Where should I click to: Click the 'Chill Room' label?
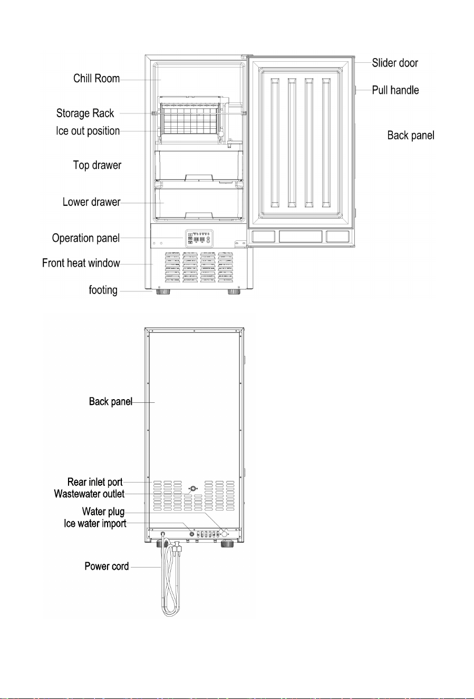click(x=96, y=78)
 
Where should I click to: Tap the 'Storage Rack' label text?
click(x=85, y=114)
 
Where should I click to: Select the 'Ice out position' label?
click(x=88, y=131)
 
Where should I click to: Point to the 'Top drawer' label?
click(x=97, y=165)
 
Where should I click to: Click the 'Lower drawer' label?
click(x=91, y=202)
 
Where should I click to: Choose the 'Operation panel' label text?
click(x=86, y=238)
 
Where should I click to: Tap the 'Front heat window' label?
click(x=81, y=263)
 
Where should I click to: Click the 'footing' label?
click(x=103, y=290)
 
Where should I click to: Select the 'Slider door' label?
click(x=395, y=63)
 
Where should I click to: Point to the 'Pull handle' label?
click(x=395, y=90)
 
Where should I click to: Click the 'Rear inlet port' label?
click(x=95, y=482)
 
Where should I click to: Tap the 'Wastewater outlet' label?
click(x=89, y=494)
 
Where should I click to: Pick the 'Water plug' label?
click(x=103, y=512)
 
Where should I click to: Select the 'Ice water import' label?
click(x=95, y=524)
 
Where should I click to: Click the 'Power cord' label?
click(x=107, y=566)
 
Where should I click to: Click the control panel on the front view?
click(x=199, y=239)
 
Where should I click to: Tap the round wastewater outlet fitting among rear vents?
click(x=193, y=489)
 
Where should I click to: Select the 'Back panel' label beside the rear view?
click(x=111, y=402)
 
